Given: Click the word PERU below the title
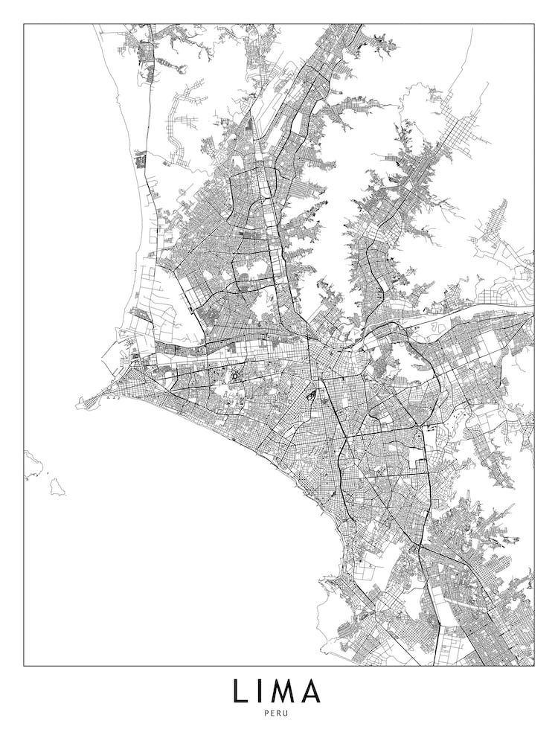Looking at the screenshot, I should pyautogui.click(x=279, y=713).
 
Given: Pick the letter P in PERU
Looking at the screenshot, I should pyautogui.click(x=266, y=713).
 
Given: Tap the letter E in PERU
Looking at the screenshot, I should pyautogui.click(x=275, y=713).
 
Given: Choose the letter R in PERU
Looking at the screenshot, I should pyautogui.click(x=283, y=713).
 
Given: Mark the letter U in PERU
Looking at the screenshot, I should pyautogui.click(x=292, y=713).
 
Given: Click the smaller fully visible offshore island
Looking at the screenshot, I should pyautogui.click(x=57, y=487).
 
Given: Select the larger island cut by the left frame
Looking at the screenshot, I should pyautogui.click(x=31, y=464).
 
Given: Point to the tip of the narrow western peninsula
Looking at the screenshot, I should pyautogui.click(x=77, y=405).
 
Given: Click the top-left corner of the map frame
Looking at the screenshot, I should pyautogui.click(x=24, y=25).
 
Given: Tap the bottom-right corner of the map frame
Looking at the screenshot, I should pyautogui.click(x=534, y=665).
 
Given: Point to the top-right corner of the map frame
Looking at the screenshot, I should pyautogui.click(x=534, y=25).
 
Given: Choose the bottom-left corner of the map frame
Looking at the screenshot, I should pyautogui.click(x=24, y=665).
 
